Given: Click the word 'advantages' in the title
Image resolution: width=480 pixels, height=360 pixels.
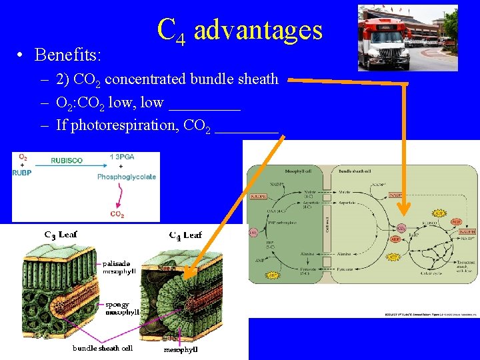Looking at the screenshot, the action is [x=258, y=31].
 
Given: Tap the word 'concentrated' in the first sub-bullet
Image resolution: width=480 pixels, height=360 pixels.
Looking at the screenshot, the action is [x=146, y=79].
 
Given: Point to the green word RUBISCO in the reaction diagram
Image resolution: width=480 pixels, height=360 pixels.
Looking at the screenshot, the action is [x=66, y=161].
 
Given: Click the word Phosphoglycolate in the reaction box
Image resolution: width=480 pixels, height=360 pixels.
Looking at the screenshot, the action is [x=127, y=177].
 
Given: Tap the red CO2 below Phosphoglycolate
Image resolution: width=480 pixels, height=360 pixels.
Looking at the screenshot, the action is [x=117, y=215].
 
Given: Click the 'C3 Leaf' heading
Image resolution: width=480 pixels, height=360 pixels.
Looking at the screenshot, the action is [x=61, y=235].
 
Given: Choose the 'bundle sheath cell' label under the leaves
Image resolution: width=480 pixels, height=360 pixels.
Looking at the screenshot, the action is [x=103, y=348].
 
